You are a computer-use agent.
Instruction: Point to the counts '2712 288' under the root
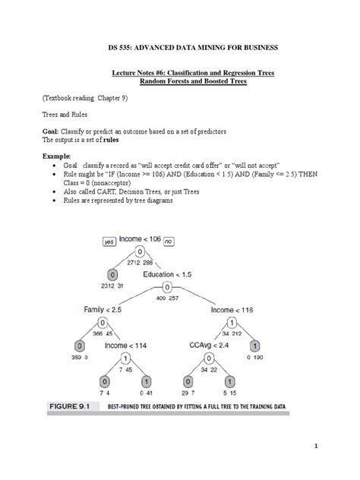pos(139,262)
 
